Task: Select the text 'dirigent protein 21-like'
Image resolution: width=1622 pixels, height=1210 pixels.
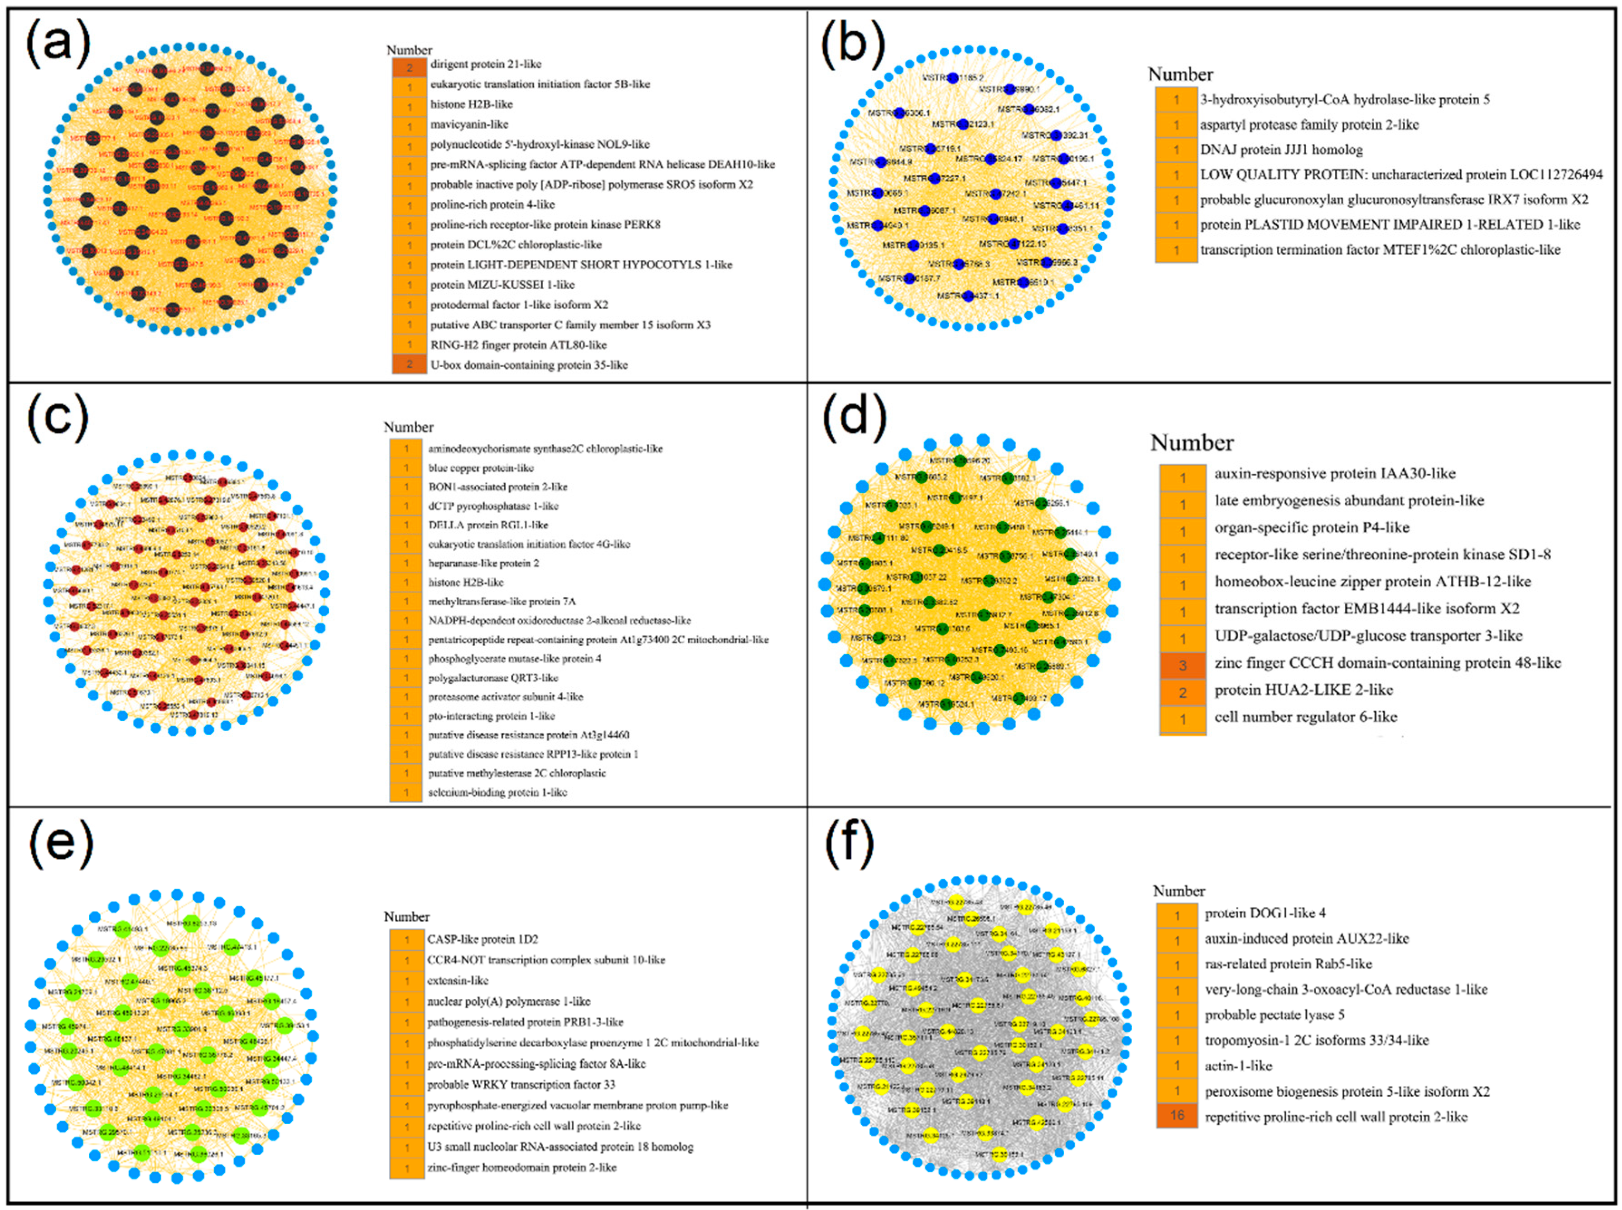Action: [485, 64]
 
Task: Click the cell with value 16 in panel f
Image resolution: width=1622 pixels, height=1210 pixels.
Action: [1177, 1116]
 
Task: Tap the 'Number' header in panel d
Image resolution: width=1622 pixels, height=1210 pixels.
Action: [1192, 442]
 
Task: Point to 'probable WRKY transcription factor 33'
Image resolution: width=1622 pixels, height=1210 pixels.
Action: [521, 1084]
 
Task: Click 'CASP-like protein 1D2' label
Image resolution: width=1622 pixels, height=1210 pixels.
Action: [483, 939]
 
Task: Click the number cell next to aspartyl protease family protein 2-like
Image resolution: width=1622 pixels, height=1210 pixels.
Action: [1176, 125]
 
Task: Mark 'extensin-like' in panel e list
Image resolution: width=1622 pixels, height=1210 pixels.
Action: [458, 980]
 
